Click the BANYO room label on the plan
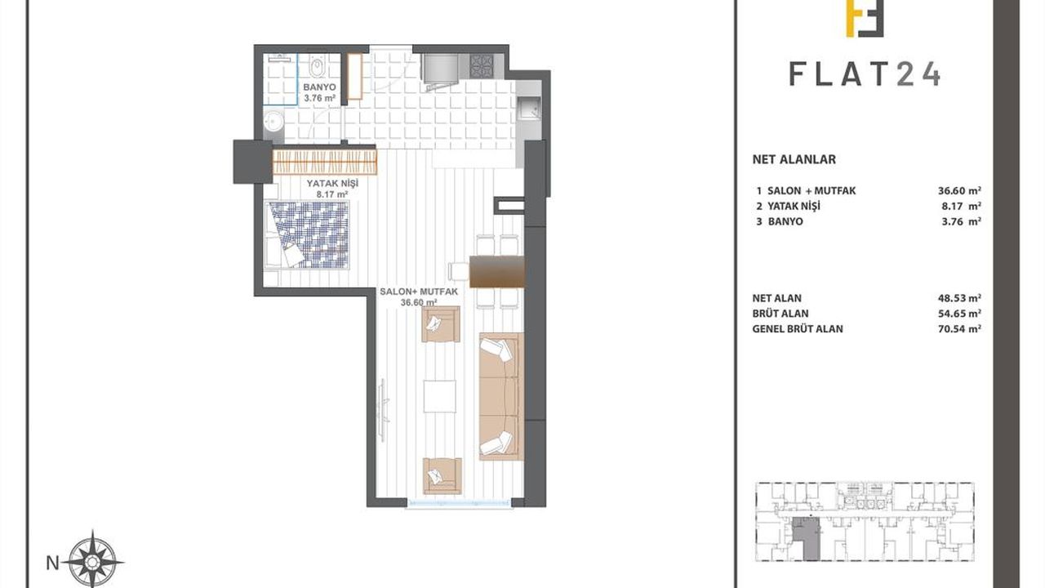(319, 87)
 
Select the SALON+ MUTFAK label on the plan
(419, 292)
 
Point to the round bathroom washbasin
(272, 122)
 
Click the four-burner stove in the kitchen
(482, 66)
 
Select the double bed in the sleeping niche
(307, 234)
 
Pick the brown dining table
(497, 271)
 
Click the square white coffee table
(440, 396)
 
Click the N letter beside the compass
(53, 563)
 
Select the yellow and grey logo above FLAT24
(865, 18)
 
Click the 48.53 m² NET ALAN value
(959, 298)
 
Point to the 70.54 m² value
(959, 328)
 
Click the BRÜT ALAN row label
(780, 313)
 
